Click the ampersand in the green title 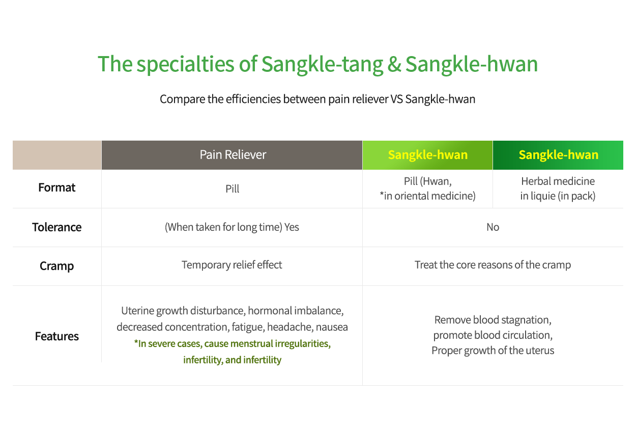(x=394, y=64)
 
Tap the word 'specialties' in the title (x=185, y=65)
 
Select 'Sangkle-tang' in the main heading (x=322, y=65)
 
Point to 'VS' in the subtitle (x=396, y=99)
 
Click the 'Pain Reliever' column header (x=233, y=155)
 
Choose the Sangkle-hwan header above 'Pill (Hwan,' (x=427, y=155)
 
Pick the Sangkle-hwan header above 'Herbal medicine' (x=558, y=155)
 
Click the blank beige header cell (x=57, y=155)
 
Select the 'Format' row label (x=57, y=188)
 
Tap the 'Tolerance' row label (x=57, y=227)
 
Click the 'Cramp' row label (x=57, y=266)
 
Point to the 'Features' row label (x=57, y=336)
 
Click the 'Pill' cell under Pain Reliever (x=232, y=189)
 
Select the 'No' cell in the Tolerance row (x=493, y=227)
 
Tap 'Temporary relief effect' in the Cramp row (x=232, y=265)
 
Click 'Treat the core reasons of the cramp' (x=493, y=265)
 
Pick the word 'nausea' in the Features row (x=332, y=327)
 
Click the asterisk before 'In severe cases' (x=136, y=341)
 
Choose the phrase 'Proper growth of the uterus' (x=493, y=351)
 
